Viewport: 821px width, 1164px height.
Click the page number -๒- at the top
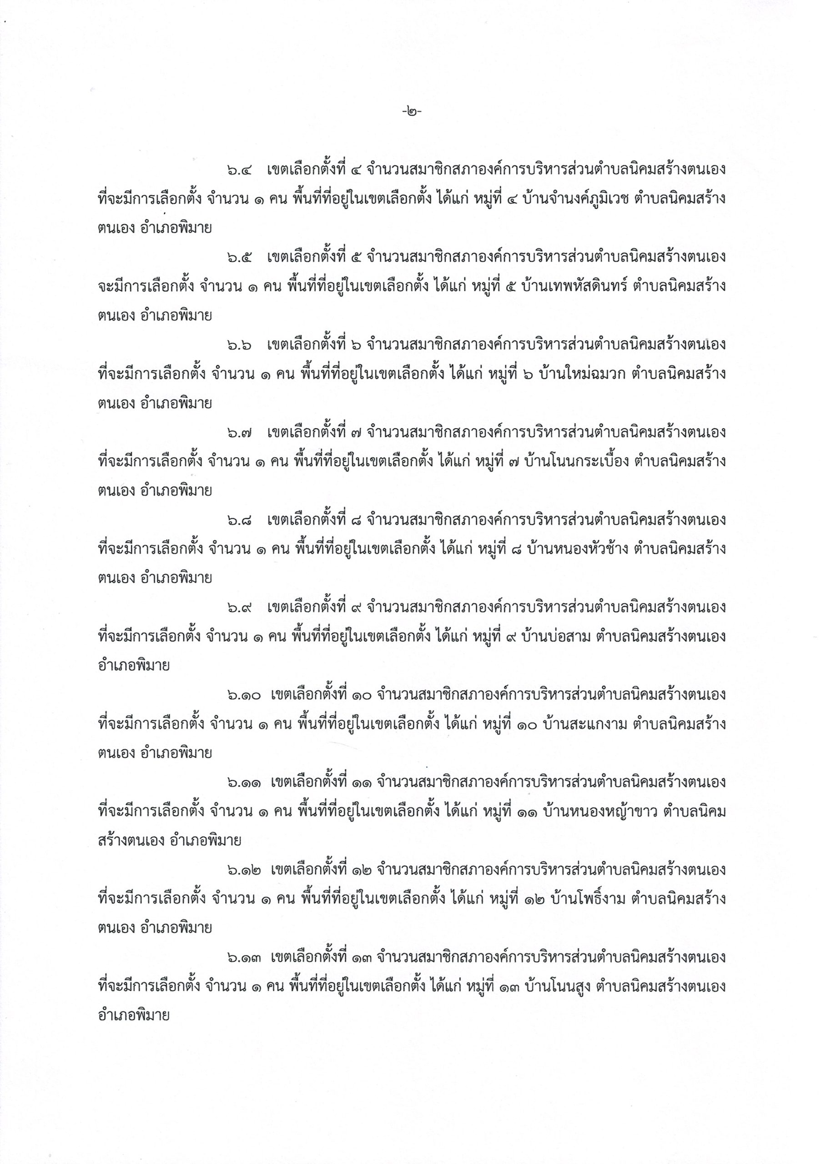pos(411,109)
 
